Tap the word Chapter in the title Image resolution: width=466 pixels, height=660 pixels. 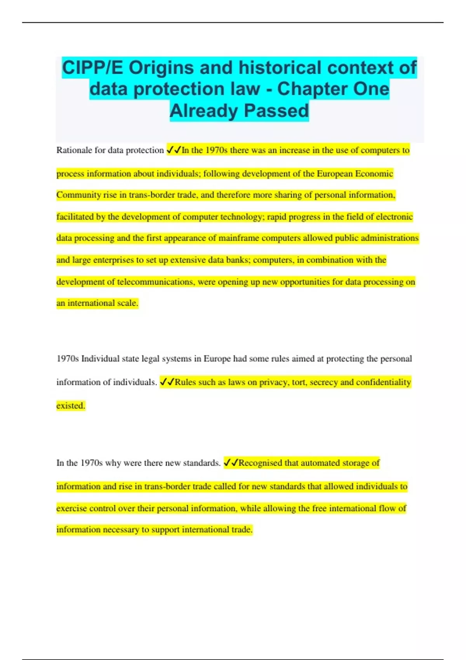pyautogui.click(x=307, y=89)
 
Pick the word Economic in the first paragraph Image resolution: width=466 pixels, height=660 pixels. pyautogui.click(x=374, y=174)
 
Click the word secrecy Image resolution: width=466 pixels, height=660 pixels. pyautogui.click(x=323, y=382)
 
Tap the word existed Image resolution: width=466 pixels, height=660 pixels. pyautogui.click(x=70, y=406)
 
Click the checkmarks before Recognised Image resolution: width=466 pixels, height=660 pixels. pyautogui.click(x=231, y=463)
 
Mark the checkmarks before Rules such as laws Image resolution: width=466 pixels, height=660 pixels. pyautogui.click(x=167, y=382)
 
